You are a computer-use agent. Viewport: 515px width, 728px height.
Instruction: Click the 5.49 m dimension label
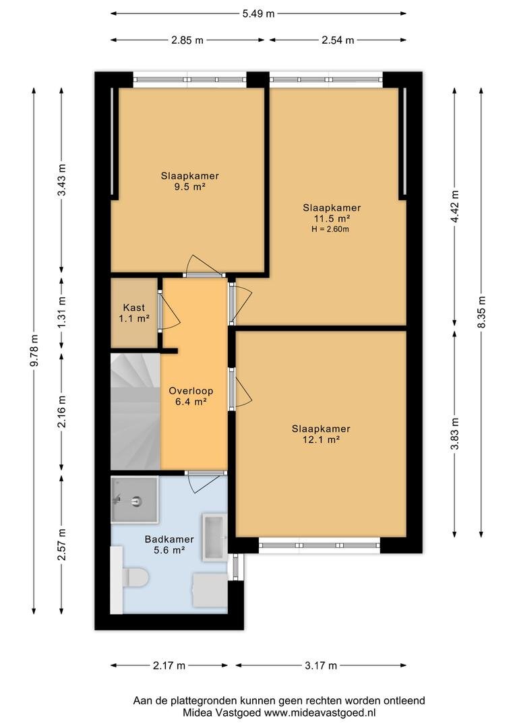[x=258, y=13]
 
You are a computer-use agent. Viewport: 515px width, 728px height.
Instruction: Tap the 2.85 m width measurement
[x=187, y=40]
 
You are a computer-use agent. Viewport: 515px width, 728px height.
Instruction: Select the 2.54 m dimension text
[x=338, y=40]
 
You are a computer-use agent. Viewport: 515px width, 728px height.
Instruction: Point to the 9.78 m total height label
[x=34, y=351]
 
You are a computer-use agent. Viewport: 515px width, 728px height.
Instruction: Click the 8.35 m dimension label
[x=481, y=312]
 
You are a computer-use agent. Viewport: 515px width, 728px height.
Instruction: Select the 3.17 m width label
[x=321, y=665]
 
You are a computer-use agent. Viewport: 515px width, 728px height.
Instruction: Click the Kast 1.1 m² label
[x=133, y=313]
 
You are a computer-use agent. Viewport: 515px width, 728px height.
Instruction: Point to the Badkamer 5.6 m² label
[x=169, y=545]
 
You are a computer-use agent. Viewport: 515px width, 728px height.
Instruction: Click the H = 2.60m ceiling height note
[x=330, y=229]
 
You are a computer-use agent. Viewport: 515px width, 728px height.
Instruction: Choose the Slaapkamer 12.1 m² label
[x=321, y=433]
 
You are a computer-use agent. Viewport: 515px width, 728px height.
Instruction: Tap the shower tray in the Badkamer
[x=134, y=499]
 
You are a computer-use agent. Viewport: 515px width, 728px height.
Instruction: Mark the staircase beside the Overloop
[x=135, y=411]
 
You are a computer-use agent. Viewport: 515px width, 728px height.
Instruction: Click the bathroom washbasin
[x=214, y=537]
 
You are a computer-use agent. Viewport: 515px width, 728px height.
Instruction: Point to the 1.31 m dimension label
[x=61, y=312]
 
